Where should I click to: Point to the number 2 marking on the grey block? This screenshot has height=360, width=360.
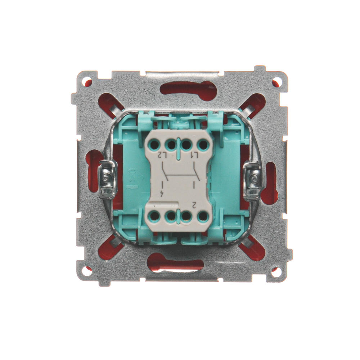pos(194,204)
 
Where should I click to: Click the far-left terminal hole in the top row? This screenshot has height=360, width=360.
pos(155,145)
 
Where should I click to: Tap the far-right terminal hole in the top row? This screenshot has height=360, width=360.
pos(203,145)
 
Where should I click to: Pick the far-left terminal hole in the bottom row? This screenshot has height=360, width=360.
pos(155,216)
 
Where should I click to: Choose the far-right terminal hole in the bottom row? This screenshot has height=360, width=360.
pos(203,216)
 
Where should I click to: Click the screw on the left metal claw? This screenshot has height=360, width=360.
pos(106,177)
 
